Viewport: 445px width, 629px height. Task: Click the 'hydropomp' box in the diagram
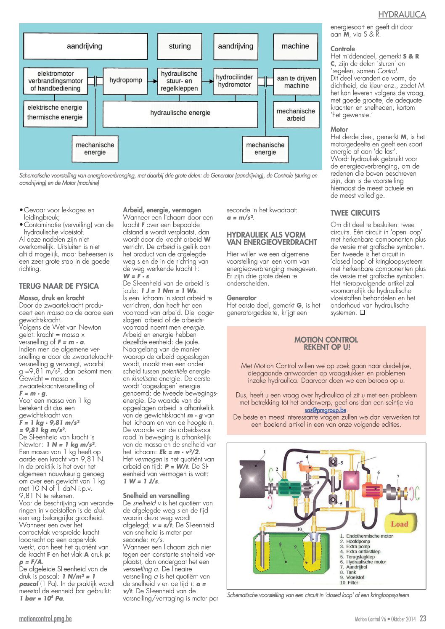(125, 81)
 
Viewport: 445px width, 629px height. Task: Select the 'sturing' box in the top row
(180, 46)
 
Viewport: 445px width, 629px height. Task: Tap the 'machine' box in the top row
(296, 46)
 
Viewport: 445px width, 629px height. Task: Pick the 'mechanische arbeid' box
(296, 114)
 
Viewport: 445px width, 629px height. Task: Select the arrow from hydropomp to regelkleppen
(153, 81)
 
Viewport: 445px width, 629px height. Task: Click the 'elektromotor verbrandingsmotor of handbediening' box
(56, 81)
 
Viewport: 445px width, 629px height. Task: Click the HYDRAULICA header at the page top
(402, 15)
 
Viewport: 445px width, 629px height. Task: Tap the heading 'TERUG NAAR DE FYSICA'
(59, 286)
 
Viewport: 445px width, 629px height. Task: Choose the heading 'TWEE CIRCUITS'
(355, 213)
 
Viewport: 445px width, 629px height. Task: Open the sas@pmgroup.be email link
(325, 410)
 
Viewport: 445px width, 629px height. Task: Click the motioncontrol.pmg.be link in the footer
(45, 618)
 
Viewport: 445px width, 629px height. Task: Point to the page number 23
(423, 618)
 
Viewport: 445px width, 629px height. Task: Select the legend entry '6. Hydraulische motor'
(363, 562)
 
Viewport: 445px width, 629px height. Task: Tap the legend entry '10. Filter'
(349, 582)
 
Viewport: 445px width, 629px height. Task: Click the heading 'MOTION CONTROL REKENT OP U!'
(326, 344)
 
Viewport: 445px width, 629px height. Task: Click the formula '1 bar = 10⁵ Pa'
(42, 598)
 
